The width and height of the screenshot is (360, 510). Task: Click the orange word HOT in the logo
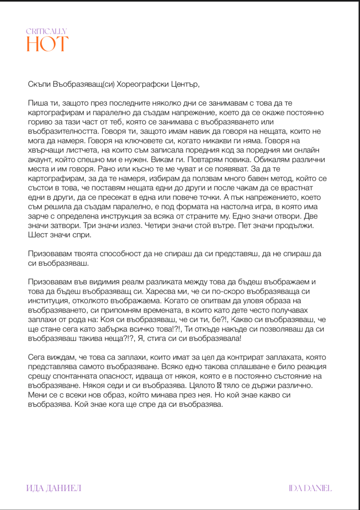click(47, 44)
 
